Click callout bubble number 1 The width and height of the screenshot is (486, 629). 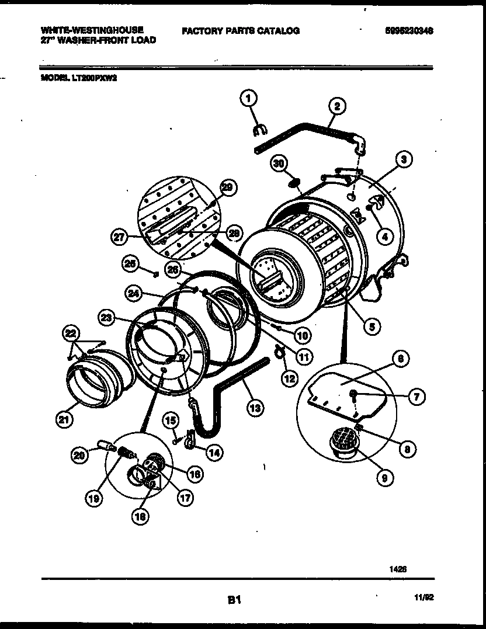tap(248, 98)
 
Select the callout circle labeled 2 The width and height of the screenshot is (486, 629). tap(336, 106)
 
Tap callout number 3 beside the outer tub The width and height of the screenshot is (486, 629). tap(403, 158)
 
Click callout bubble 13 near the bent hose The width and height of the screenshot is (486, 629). tap(254, 408)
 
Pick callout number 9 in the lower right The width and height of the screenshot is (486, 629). tap(384, 478)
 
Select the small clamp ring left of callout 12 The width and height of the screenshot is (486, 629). tap(278, 351)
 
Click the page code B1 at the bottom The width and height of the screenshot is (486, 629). tap(234, 599)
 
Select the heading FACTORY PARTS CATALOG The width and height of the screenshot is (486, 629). tap(241, 31)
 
